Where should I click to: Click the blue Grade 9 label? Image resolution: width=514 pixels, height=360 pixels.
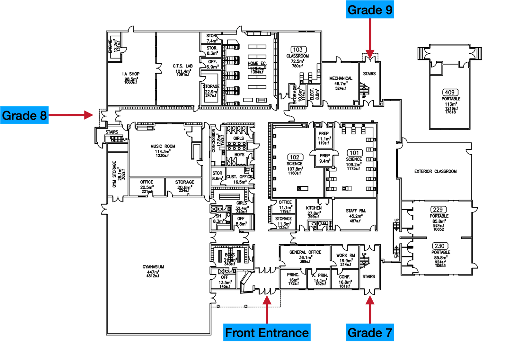click(x=370, y=10)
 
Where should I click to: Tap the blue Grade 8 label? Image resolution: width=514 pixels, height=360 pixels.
click(x=24, y=115)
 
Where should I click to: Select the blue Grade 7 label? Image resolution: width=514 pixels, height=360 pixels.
click(x=370, y=333)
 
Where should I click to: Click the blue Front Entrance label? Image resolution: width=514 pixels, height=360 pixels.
click(x=267, y=333)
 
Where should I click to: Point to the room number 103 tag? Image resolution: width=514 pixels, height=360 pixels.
click(x=298, y=50)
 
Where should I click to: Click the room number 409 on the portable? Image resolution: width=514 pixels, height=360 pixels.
click(x=450, y=93)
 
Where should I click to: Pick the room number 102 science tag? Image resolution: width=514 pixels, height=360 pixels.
click(x=295, y=157)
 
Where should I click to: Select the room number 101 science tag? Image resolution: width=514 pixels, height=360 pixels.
click(x=354, y=153)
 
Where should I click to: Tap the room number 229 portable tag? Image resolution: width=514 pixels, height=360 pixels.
click(x=438, y=210)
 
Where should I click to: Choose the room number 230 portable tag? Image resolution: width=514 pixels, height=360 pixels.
click(x=439, y=246)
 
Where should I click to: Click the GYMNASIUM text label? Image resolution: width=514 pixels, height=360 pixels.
click(x=153, y=267)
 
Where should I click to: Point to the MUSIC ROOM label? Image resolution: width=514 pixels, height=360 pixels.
click(x=163, y=146)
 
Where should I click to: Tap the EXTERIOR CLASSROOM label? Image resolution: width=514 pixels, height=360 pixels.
click(x=435, y=171)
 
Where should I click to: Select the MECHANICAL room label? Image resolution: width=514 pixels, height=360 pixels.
click(x=341, y=78)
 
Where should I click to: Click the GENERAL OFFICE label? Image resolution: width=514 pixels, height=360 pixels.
click(x=305, y=252)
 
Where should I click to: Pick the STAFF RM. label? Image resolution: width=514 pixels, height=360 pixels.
click(x=356, y=211)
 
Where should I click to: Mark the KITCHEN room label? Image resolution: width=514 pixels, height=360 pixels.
click(x=314, y=208)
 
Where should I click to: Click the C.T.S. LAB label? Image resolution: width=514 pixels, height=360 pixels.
click(x=182, y=66)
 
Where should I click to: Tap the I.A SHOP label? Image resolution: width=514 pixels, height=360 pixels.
click(x=131, y=74)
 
